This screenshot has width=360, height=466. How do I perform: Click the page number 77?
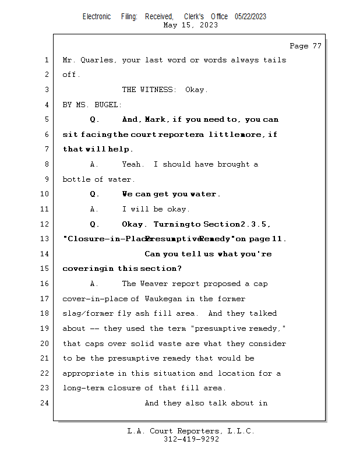click(x=317, y=46)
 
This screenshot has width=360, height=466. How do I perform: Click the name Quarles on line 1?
click(x=97, y=61)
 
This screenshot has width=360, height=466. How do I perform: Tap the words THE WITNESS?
click(x=147, y=90)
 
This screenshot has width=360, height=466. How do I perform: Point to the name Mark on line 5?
click(x=155, y=119)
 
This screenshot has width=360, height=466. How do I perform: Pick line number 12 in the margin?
click(x=44, y=224)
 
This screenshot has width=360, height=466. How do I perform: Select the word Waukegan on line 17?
click(x=163, y=299)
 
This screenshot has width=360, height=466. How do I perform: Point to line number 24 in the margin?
click(x=44, y=403)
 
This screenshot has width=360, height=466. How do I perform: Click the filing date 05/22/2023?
click(x=250, y=17)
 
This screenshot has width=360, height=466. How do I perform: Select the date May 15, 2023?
click(x=190, y=25)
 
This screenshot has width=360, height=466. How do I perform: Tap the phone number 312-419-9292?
click(x=191, y=439)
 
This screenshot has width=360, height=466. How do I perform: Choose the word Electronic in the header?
click(x=97, y=17)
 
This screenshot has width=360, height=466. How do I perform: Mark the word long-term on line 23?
click(x=83, y=388)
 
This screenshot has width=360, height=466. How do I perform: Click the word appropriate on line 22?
click(x=88, y=373)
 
